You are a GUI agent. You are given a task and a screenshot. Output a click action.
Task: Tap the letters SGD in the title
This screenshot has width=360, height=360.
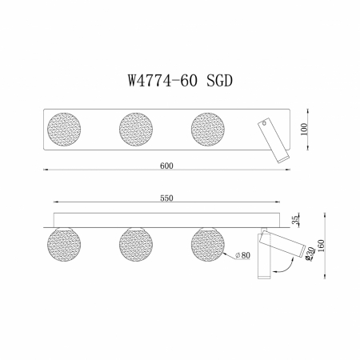(222, 80)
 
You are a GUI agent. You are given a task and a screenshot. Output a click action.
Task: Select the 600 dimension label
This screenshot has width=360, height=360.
(166, 166)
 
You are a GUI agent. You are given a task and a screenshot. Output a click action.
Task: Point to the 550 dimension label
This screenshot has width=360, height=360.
(166, 198)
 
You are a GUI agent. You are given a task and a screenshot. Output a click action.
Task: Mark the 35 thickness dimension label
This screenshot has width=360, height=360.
(295, 218)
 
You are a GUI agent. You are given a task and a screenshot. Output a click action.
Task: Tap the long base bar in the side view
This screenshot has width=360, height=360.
(166, 219)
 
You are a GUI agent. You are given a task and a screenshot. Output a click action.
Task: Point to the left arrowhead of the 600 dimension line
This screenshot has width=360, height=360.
(45, 171)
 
